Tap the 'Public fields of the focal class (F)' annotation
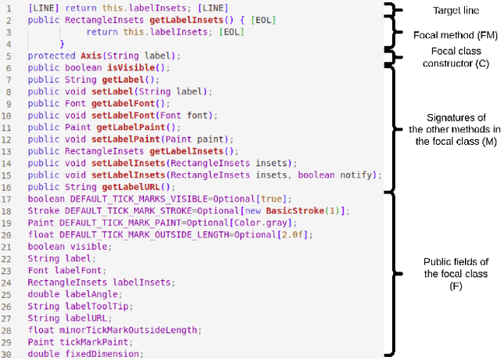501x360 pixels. pyautogui.click(x=456, y=274)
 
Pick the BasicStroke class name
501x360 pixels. pyautogui.click(x=298, y=211)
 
